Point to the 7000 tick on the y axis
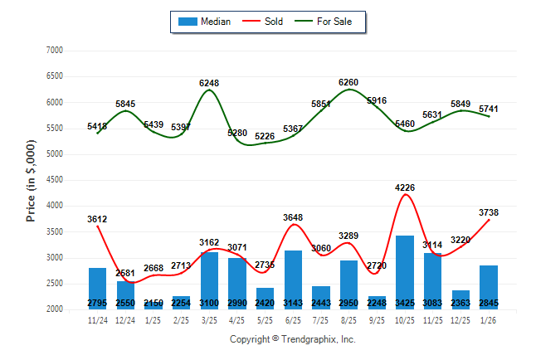(54, 51)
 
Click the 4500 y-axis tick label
(54, 180)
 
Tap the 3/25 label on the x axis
(209, 319)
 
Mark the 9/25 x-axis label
(377, 319)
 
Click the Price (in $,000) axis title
(32, 179)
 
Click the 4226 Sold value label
(404, 187)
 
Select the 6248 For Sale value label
(209, 83)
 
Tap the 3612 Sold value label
(97, 219)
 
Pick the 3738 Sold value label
(488, 212)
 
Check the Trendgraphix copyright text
(292, 339)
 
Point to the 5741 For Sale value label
(488, 109)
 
